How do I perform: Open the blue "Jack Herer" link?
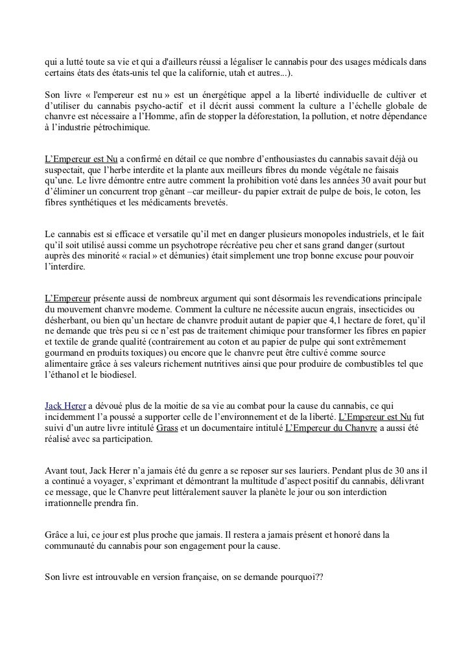[x=65, y=404]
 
